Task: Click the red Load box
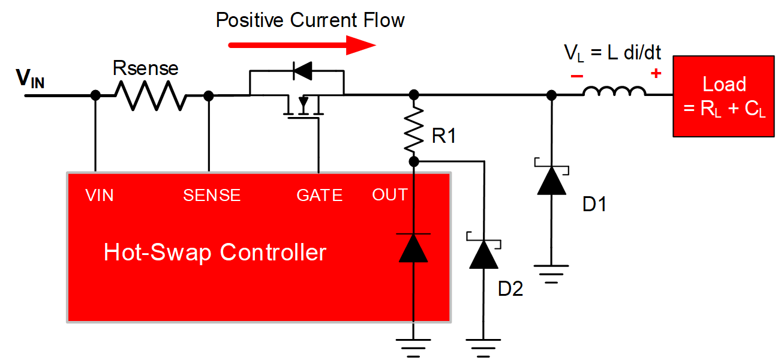coord(724,96)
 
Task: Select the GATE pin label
coord(320,195)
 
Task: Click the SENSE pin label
coord(212,195)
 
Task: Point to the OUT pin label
coord(390,195)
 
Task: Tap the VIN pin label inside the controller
coord(100,195)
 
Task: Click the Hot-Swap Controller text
coord(215,252)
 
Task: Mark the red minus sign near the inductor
coord(576,76)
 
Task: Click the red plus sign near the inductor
coord(656,74)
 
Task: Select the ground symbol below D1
coord(551,274)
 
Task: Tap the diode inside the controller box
coord(413,247)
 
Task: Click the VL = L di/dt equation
coord(612,53)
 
